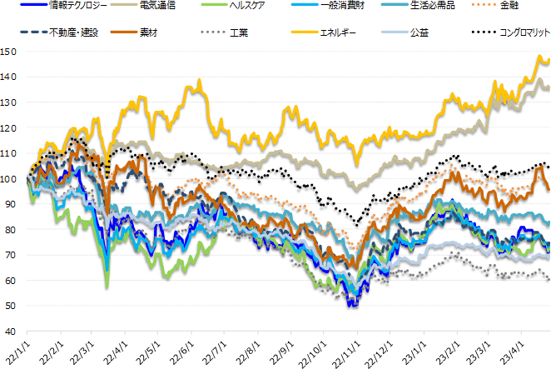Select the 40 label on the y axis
[x=10, y=332]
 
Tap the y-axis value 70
[x=10, y=255]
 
